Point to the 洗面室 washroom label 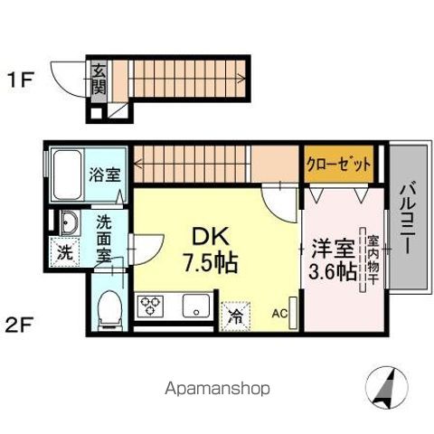tap(105, 238)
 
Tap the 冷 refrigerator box tap(235, 316)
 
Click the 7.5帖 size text tap(211, 264)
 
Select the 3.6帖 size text tap(333, 269)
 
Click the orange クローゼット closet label tap(325, 164)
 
